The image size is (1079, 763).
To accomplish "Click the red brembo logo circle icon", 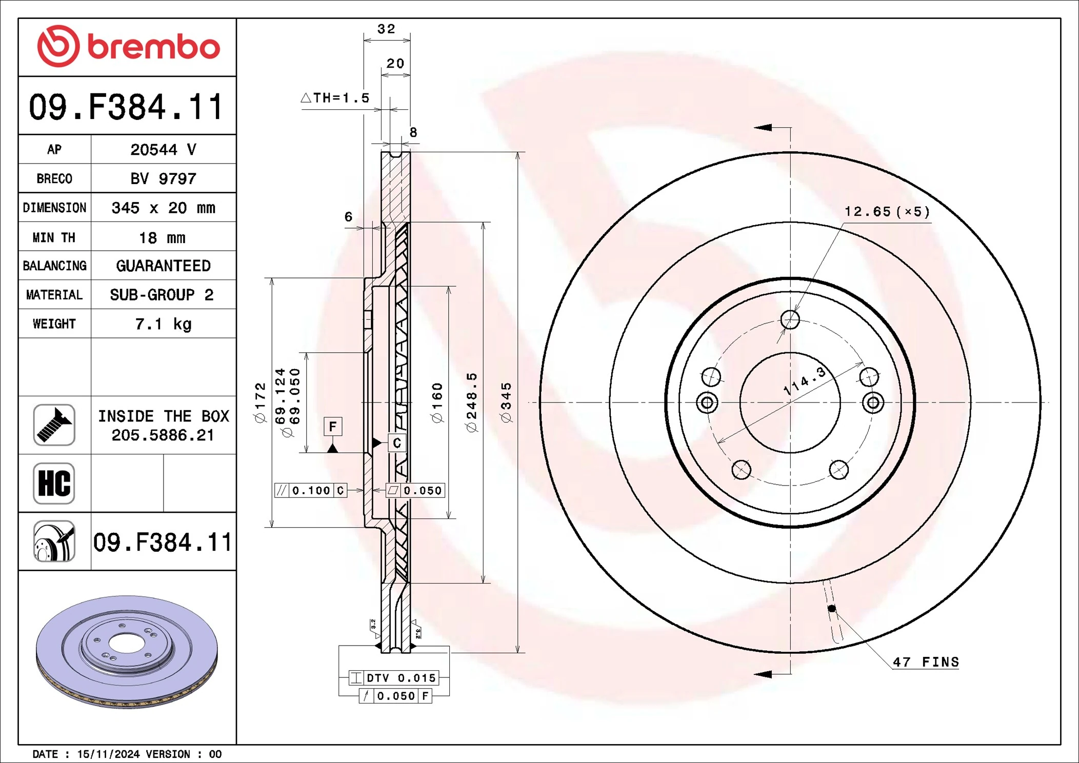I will [x=58, y=46].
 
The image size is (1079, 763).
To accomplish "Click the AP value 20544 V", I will [x=163, y=150].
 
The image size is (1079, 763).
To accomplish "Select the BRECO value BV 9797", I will [x=163, y=179].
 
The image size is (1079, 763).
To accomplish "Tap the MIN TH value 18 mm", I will [x=162, y=238].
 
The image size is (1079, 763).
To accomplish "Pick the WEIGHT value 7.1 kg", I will [x=163, y=324].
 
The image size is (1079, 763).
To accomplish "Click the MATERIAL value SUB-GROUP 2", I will [x=162, y=295].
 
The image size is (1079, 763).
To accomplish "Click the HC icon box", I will [x=54, y=484].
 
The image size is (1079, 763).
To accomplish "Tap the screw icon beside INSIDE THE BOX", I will [x=54, y=425].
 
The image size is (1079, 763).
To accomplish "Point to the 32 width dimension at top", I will [x=386, y=29].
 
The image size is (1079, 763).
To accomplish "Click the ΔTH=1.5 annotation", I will [x=336, y=98].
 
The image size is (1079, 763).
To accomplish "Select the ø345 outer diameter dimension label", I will [x=506, y=403].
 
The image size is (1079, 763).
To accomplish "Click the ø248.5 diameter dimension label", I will [x=472, y=403].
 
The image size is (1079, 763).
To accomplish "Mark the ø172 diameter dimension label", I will [x=261, y=403].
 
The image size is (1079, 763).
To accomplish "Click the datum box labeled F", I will [x=333, y=427].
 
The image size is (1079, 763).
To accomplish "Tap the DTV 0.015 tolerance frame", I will [x=393, y=678].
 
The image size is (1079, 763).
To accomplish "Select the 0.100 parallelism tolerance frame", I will [x=311, y=491].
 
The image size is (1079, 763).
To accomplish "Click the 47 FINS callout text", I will [x=926, y=662].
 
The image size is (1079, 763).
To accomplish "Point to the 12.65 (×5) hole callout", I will [x=887, y=212].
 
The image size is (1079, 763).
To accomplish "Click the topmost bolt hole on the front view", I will [x=790, y=319].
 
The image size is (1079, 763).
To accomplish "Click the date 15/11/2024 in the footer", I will [x=108, y=754].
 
